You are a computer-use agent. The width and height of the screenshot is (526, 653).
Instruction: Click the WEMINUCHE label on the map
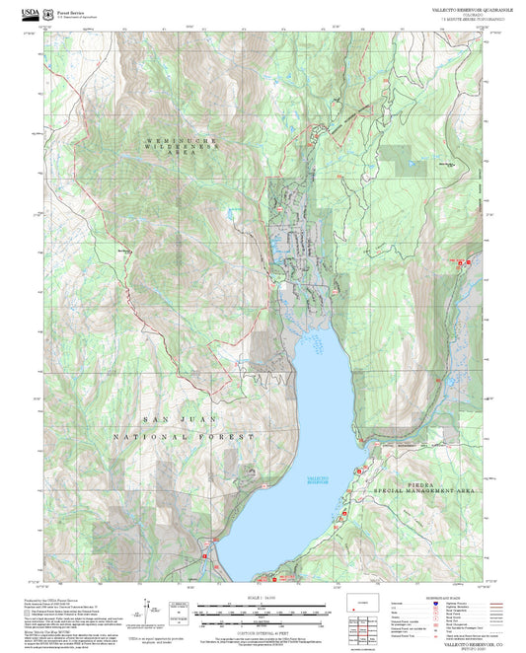pos(179,143)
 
